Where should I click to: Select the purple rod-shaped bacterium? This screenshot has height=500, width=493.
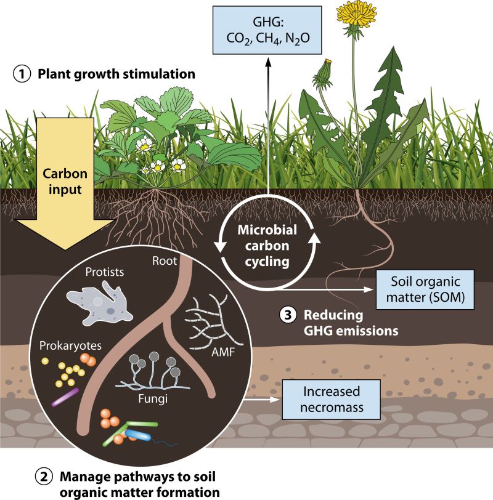pos(65,397)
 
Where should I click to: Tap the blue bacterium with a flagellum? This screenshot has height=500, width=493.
pos(139,435)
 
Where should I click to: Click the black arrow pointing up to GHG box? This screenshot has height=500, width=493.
pos(269,123)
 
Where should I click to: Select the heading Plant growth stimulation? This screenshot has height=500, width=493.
pos(116,75)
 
